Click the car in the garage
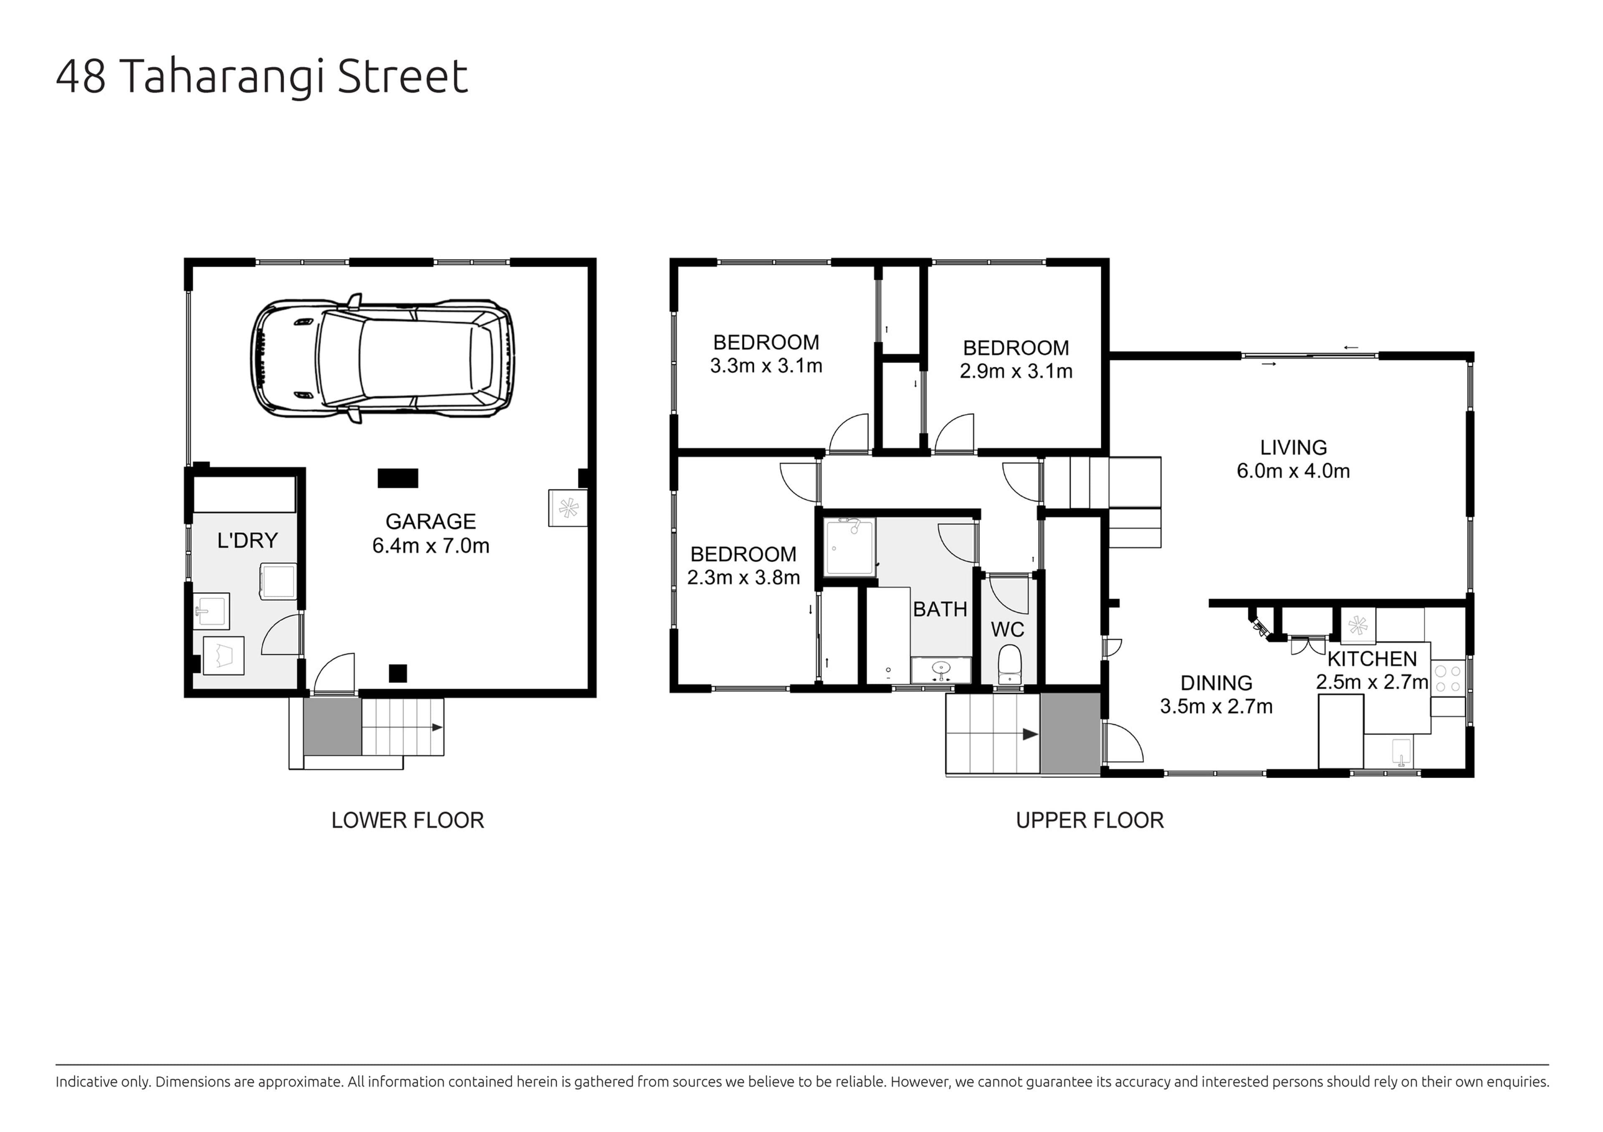coord(383,358)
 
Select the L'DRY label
coord(247,540)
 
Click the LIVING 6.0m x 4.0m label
coord(1293,459)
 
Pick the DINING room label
coord(1216,682)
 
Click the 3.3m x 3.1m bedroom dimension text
coord(766,366)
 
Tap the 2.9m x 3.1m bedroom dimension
coord(1016,371)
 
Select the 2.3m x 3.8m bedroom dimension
coord(743,578)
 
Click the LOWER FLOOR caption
coord(408,820)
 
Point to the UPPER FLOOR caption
coord(1090,820)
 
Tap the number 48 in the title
coord(81,77)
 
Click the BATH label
coord(940,609)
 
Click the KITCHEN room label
coord(1372,659)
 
